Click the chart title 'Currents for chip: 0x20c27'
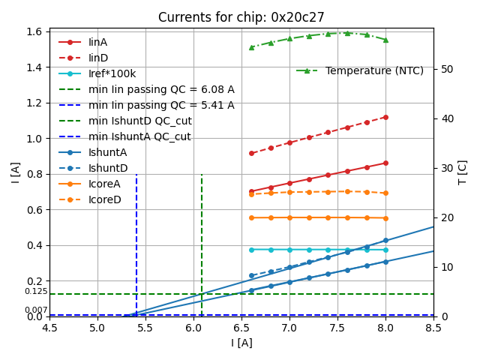(x=241, y=17)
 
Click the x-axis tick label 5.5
(x=145, y=328)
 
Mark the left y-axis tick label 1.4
(x=34, y=67)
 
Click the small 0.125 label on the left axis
(x=35, y=292)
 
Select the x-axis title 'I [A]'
(x=241, y=343)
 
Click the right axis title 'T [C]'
(x=463, y=172)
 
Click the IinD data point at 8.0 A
(x=385, y=117)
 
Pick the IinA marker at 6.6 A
(x=251, y=191)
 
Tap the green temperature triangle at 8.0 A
(x=385, y=40)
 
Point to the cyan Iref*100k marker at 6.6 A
(x=251, y=250)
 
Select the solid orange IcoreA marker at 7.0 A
(x=289, y=217)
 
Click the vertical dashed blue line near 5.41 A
(x=136, y=240)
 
